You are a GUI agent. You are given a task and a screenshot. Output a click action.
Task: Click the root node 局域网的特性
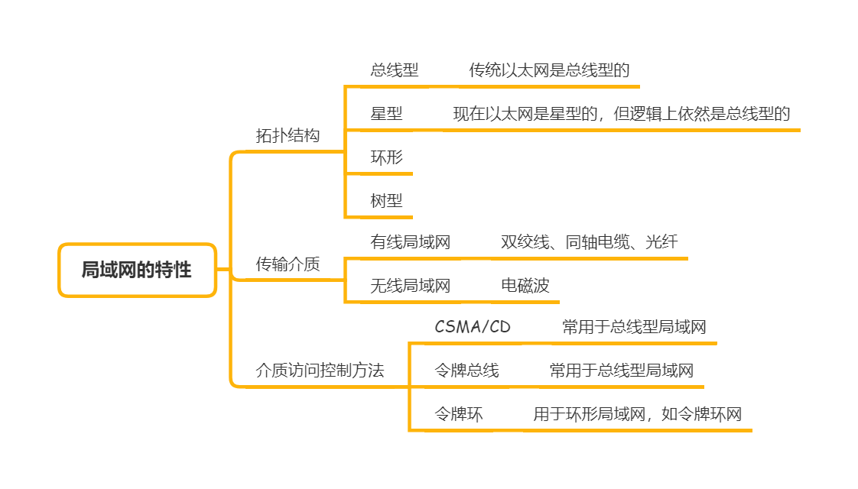[x=137, y=270]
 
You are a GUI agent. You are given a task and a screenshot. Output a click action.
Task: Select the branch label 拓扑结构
[x=288, y=136]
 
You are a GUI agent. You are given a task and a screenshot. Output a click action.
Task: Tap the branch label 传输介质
[x=288, y=264]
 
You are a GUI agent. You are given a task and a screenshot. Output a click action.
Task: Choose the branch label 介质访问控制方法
[x=320, y=371]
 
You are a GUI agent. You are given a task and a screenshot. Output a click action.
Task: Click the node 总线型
[x=395, y=70]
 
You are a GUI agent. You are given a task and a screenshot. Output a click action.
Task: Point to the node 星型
[x=386, y=114]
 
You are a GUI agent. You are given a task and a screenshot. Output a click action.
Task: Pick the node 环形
[x=386, y=158]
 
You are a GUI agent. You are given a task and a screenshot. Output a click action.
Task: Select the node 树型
[x=386, y=201]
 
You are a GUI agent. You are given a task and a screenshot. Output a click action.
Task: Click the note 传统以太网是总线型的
[x=549, y=70]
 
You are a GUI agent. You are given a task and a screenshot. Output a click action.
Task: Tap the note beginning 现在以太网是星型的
[x=621, y=114]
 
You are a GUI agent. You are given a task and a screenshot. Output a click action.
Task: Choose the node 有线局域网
[x=411, y=243]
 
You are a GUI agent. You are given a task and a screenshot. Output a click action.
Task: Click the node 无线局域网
[x=411, y=286]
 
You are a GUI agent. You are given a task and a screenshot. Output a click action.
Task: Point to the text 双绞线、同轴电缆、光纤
[x=589, y=243]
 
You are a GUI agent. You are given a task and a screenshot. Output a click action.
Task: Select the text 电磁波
[x=525, y=286]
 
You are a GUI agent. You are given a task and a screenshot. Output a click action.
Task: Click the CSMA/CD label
[x=473, y=327]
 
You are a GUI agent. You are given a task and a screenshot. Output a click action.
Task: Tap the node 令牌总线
[x=466, y=371]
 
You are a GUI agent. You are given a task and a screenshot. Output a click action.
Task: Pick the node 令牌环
[x=459, y=414]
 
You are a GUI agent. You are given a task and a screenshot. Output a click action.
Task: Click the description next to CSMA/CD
[x=634, y=327]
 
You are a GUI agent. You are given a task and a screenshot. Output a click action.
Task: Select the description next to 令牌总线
[x=621, y=371]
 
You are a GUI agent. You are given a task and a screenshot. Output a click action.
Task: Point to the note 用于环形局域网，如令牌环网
[x=638, y=414]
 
